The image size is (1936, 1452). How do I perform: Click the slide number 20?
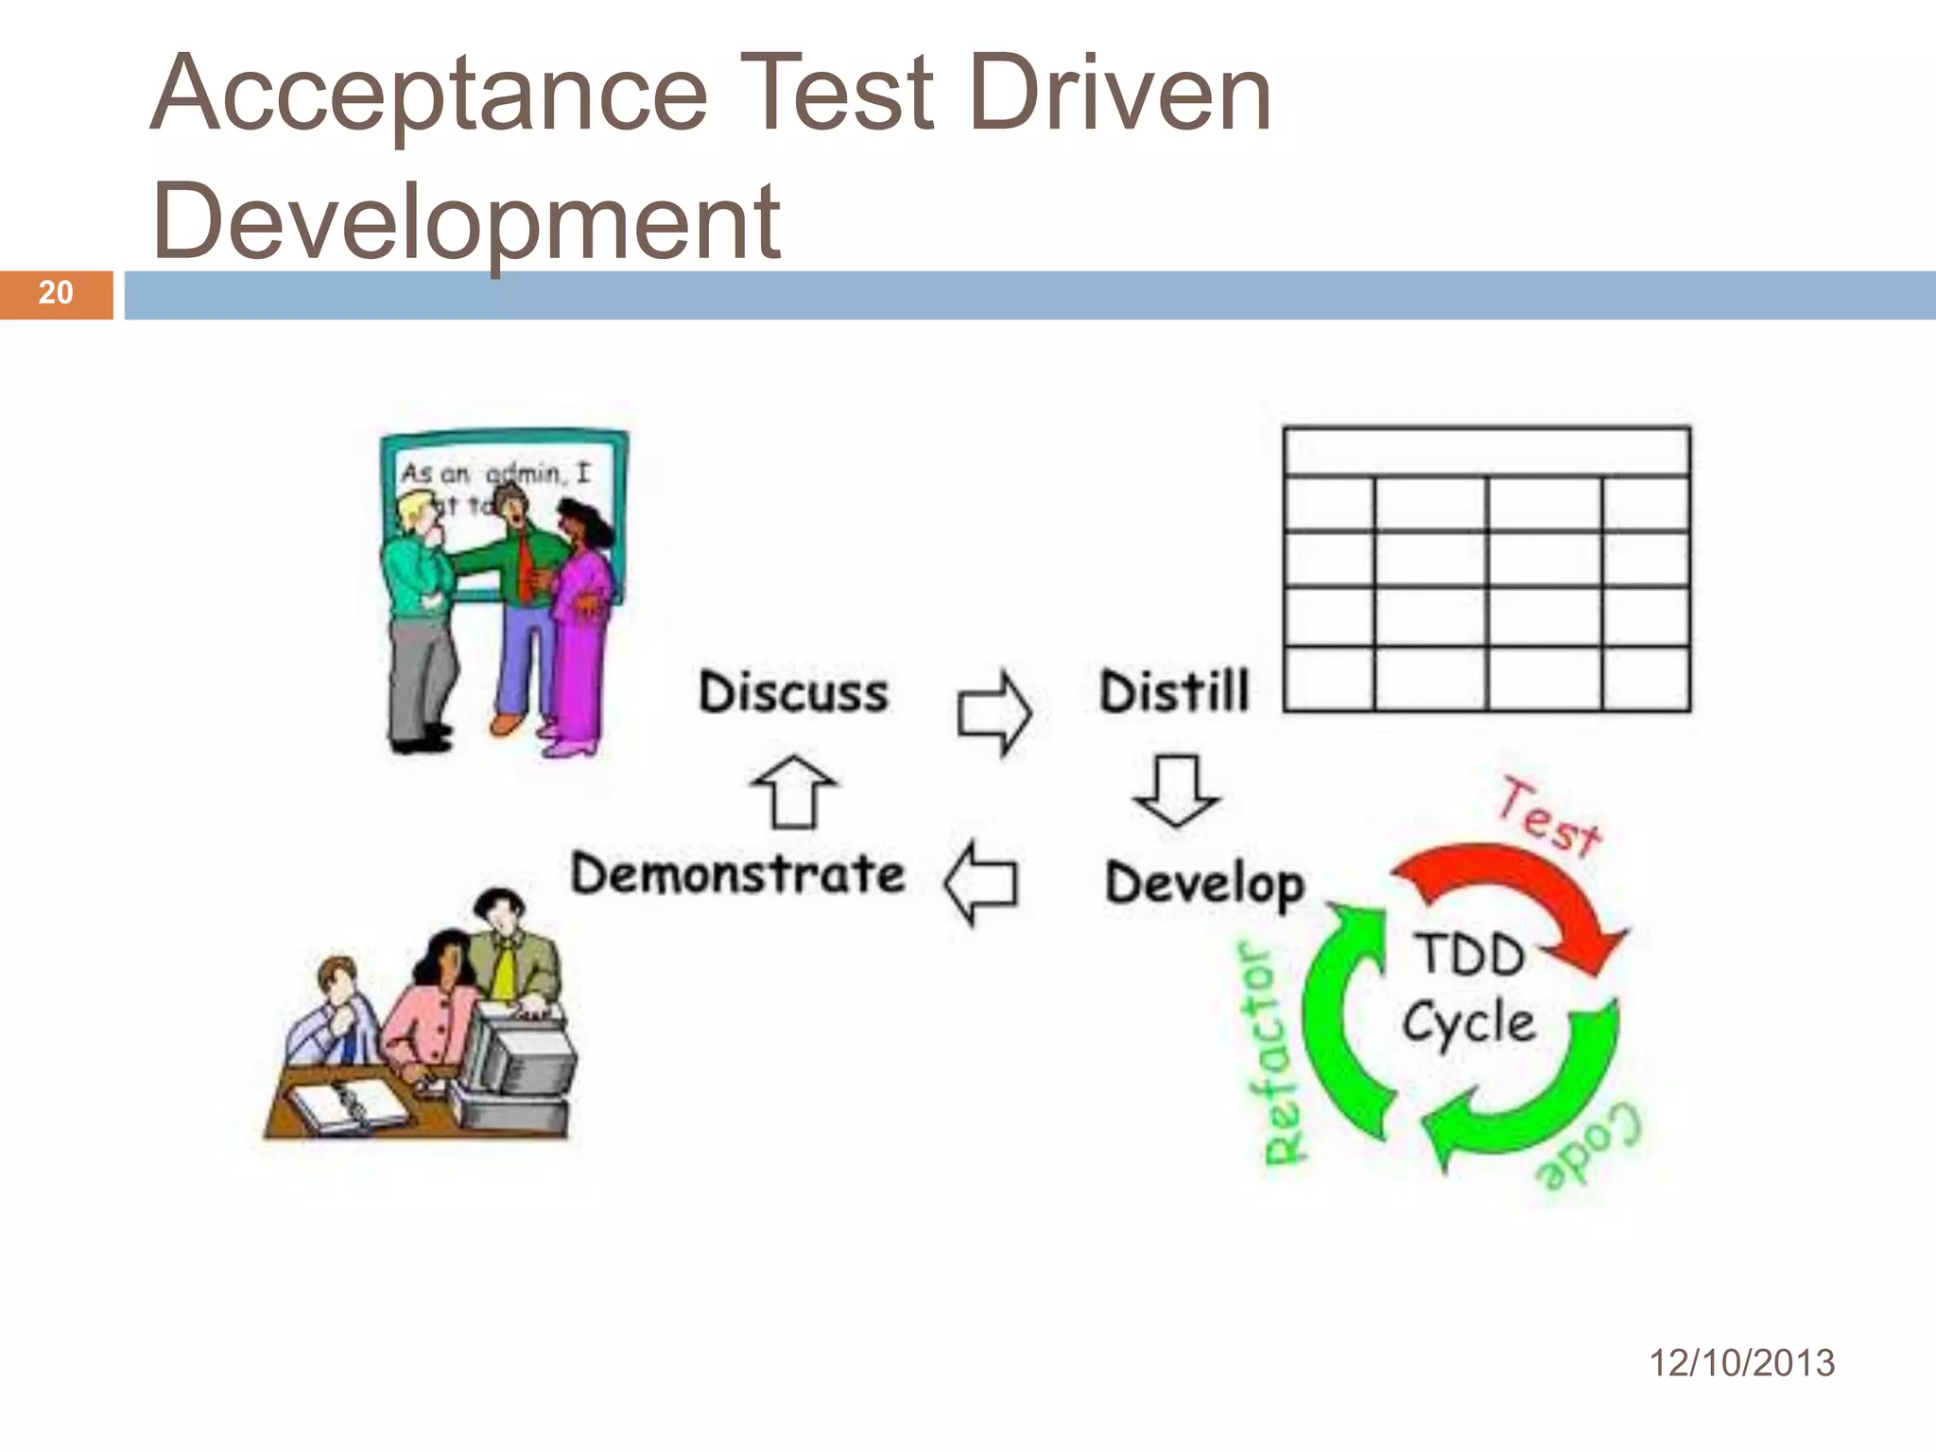click(56, 293)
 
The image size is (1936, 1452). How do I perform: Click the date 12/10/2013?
click(1741, 1363)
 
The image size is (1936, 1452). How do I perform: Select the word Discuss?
click(793, 692)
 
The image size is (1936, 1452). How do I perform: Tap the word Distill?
click(1174, 691)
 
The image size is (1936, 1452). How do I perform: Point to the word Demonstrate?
click(737, 873)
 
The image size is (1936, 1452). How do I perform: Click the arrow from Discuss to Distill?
click(994, 714)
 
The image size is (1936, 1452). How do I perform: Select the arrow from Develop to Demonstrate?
click(981, 883)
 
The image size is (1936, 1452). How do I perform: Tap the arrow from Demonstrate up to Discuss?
click(793, 791)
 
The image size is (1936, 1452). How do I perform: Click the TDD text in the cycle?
click(1470, 955)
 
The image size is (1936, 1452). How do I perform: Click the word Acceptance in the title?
click(428, 95)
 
